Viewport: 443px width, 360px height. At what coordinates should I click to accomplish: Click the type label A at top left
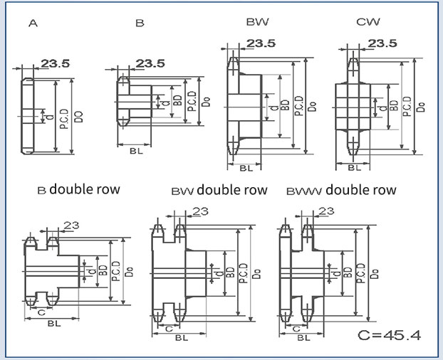point(33,23)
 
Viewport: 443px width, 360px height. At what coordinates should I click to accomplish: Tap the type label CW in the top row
point(367,23)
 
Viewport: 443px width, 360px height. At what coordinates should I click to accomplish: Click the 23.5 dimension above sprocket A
point(55,64)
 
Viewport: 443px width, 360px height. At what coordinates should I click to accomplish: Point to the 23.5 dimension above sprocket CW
point(382,44)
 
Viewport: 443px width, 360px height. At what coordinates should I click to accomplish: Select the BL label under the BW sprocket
point(245,169)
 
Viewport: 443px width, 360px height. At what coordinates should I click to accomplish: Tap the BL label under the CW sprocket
point(354,169)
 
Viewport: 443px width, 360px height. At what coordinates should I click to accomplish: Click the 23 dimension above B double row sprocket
point(71,226)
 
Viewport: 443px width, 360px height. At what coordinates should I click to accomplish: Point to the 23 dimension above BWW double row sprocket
point(326,211)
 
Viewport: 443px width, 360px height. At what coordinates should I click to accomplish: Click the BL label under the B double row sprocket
point(53,323)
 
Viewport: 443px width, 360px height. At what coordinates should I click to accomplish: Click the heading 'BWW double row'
point(340,191)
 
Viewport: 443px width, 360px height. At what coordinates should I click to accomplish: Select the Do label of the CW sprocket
point(422,106)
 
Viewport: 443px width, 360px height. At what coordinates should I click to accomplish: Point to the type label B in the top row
point(140,23)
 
